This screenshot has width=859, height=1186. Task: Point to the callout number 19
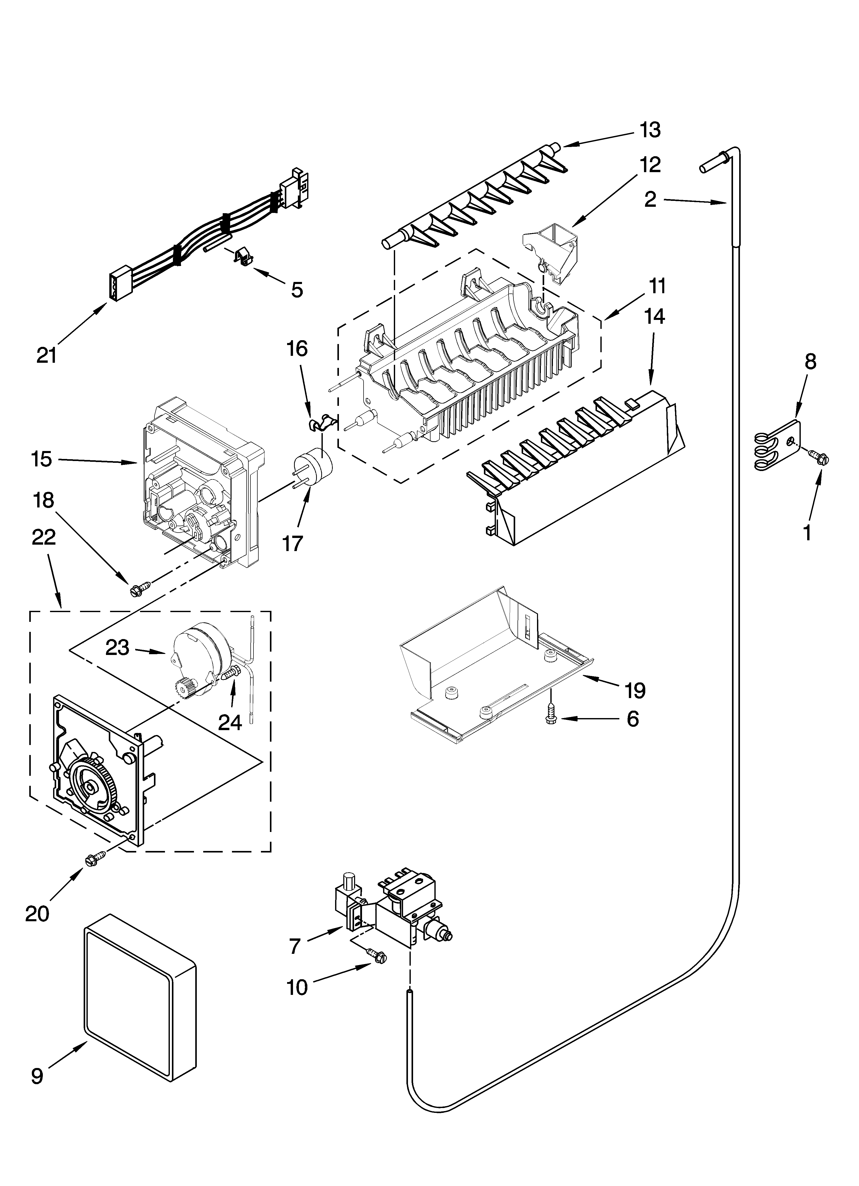pos(635,690)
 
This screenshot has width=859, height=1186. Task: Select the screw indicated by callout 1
pos(819,459)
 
